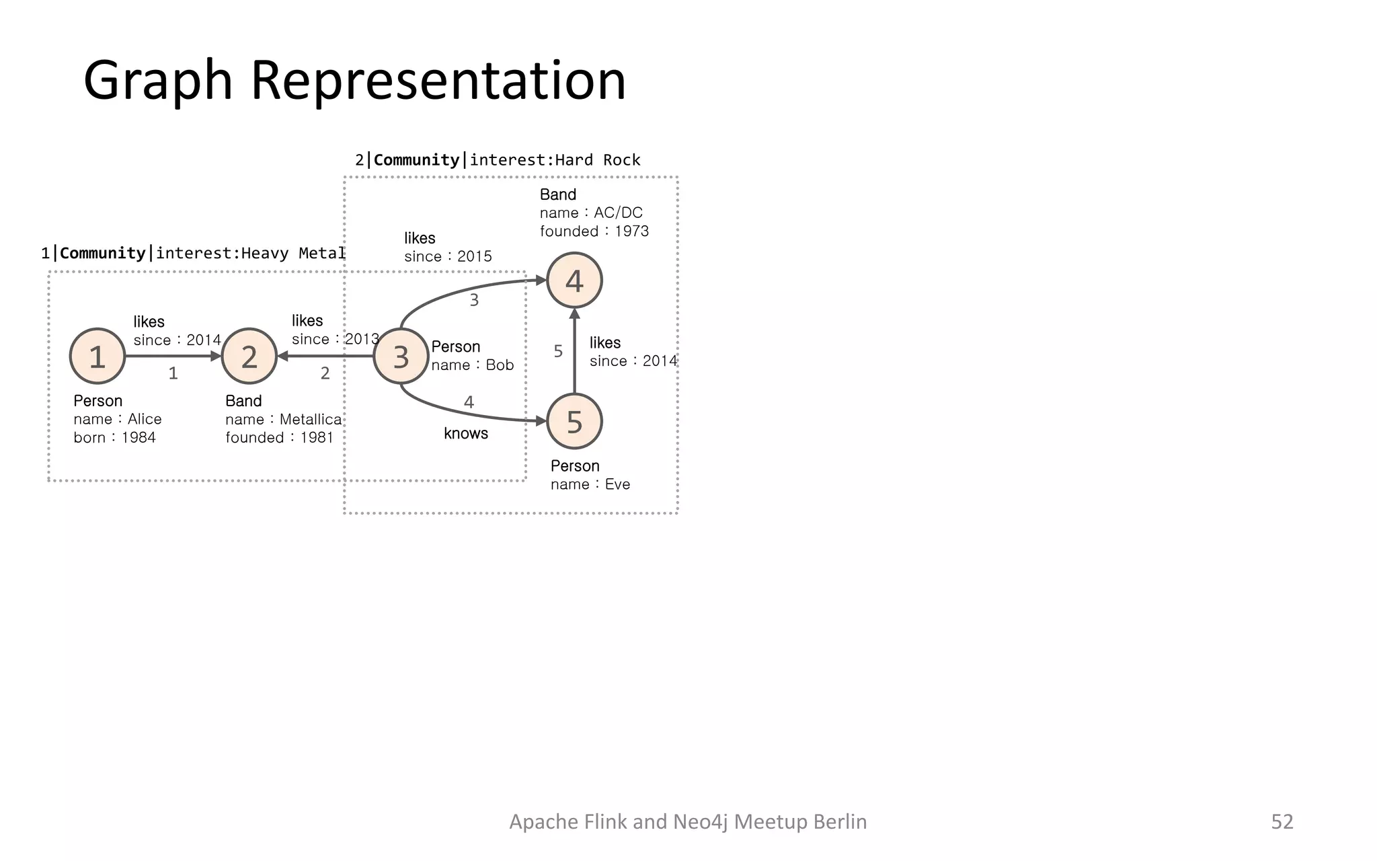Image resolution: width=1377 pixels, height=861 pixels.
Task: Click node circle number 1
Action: [x=97, y=357]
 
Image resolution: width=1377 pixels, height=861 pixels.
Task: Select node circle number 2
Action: [x=249, y=357]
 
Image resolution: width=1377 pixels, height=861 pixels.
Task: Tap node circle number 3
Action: [x=401, y=357]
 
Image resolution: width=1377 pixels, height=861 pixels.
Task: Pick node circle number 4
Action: [x=574, y=280]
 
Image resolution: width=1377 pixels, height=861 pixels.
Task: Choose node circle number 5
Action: [x=574, y=422]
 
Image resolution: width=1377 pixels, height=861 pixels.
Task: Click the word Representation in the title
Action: [x=438, y=80]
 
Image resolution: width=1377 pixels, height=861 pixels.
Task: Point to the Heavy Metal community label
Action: [x=193, y=254]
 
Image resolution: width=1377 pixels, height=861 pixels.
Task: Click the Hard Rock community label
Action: [x=498, y=160]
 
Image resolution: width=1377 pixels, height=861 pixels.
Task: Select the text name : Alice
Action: [x=118, y=419]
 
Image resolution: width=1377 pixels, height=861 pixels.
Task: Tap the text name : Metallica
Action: [x=283, y=420]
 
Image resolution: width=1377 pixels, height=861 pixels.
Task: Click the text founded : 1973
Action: [x=594, y=231]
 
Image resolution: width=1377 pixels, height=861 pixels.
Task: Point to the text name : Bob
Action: [x=472, y=365]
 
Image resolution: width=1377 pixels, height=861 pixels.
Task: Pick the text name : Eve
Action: [x=590, y=484]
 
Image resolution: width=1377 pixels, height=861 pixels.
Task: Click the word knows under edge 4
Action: [x=466, y=433]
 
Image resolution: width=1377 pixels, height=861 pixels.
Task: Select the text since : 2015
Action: [x=448, y=256]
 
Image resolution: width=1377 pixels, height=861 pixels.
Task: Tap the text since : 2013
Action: [x=335, y=339]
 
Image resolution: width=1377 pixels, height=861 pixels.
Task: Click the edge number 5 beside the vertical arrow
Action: [x=558, y=351]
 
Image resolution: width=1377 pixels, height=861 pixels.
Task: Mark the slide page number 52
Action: [x=1282, y=821]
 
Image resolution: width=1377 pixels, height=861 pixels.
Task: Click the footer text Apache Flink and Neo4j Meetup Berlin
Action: [x=688, y=821]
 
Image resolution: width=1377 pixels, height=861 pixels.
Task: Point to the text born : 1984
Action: [x=114, y=438]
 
